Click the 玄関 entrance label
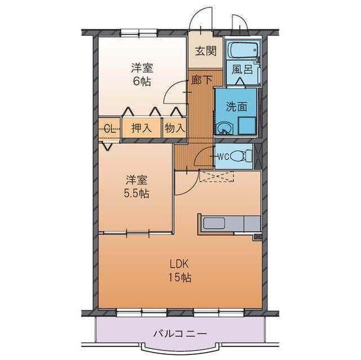[206, 51]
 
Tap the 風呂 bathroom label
[241, 72]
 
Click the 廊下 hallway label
[201, 80]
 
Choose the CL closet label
[111, 128]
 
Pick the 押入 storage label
[142, 128]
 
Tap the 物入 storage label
[174, 128]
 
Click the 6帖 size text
[142, 81]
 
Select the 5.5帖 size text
[137, 193]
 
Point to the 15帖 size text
[180, 277]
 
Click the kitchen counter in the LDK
[228, 224]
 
